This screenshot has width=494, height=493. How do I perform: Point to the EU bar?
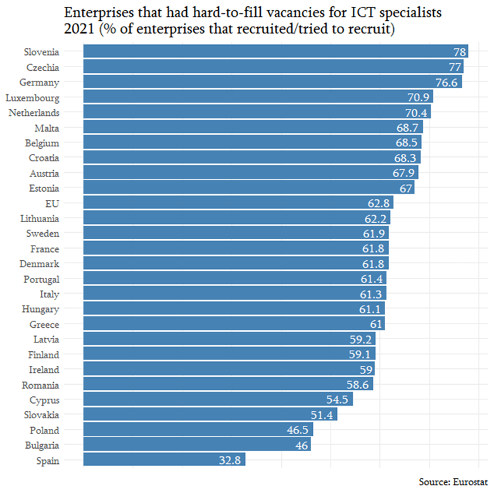pos(237,203)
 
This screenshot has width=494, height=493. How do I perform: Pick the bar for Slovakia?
pos(210,415)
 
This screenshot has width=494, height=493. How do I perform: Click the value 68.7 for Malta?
pos(408,128)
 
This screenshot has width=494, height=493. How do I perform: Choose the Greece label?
pos(44,325)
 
